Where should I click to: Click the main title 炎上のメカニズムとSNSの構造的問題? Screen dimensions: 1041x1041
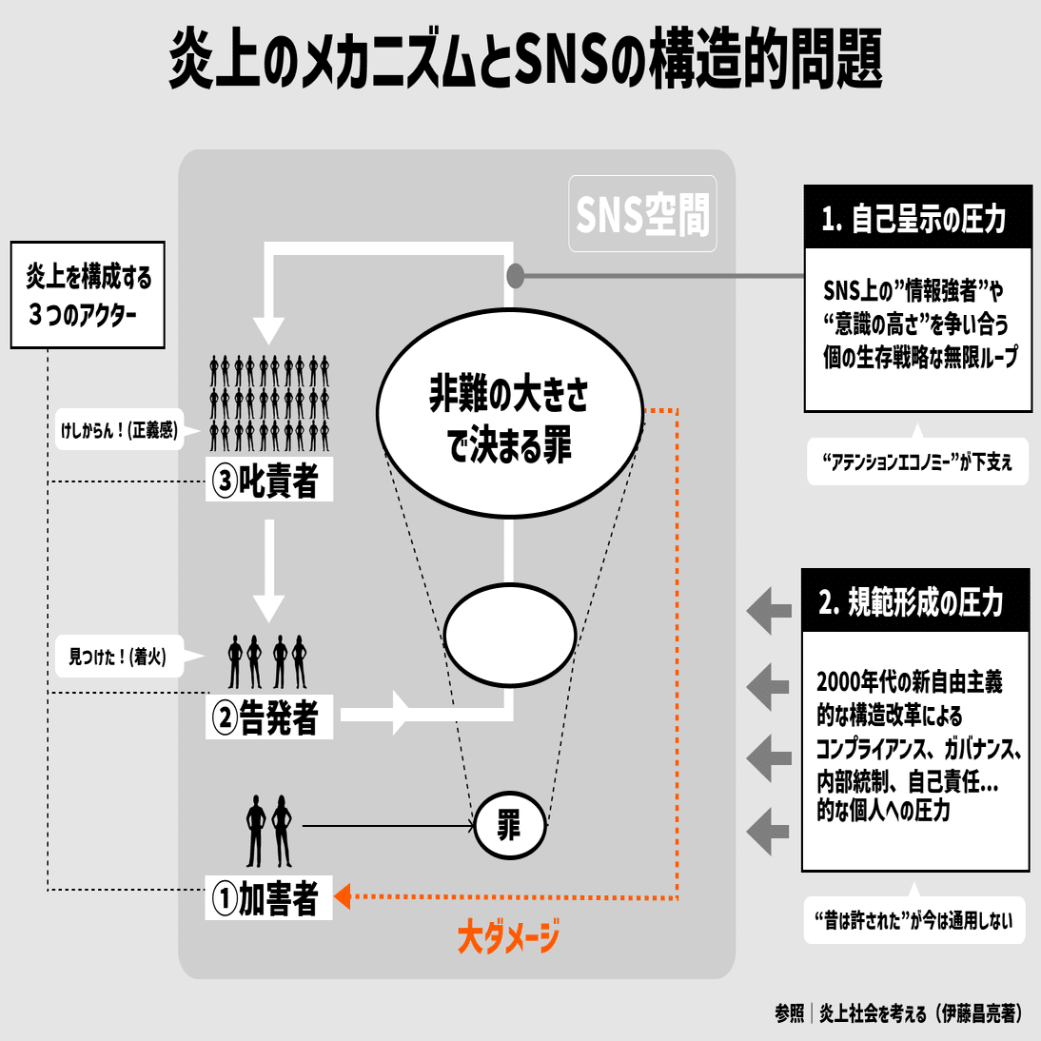pyautogui.click(x=525, y=59)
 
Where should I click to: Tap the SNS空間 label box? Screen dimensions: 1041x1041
pyautogui.click(x=642, y=214)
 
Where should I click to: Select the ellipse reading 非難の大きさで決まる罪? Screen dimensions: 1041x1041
pyautogui.click(x=510, y=413)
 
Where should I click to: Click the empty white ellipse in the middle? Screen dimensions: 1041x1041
pyautogui.click(x=510, y=634)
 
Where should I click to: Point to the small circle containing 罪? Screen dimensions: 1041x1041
pyautogui.click(x=510, y=824)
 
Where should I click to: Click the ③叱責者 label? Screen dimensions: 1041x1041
pyautogui.click(x=269, y=481)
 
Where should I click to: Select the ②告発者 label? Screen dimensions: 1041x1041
pyautogui.click(x=269, y=717)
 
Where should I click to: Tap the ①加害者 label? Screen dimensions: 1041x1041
pyautogui.click(x=269, y=897)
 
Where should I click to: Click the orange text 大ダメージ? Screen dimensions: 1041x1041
pyautogui.click(x=508, y=938)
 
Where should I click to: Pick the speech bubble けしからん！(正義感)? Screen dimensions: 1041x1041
pyautogui.click(x=120, y=431)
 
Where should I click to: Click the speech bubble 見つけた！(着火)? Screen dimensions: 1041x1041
pyautogui.click(x=120, y=657)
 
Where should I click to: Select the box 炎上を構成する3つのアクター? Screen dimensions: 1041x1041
pyautogui.click(x=88, y=295)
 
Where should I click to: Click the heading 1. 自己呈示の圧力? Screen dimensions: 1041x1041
pyautogui.click(x=917, y=218)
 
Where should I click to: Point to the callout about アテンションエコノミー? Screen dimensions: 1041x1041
pyautogui.click(x=917, y=462)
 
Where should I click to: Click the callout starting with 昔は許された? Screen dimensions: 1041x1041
pyautogui.click(x=913, y=920)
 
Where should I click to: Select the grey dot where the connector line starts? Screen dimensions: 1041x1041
pyautogui.click(x=515, y=276)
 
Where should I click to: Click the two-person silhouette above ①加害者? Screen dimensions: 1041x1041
pyautogui.click(x=269, y=830)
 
